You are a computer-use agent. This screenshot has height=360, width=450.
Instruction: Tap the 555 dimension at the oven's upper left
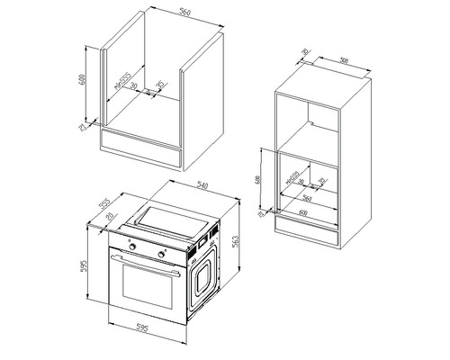coord(103,205)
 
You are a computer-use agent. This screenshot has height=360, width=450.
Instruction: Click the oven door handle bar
coord(148,262)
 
